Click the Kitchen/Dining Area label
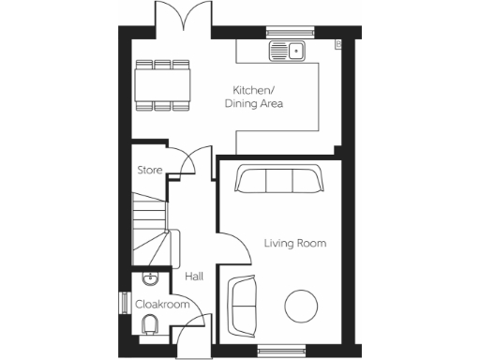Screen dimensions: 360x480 (x=258, y=97)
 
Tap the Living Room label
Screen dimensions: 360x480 (x=294, y=244)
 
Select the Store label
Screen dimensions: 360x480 (x=150, y=171)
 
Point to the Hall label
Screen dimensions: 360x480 (x=194, y=277)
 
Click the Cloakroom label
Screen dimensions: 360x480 (x=163, y=305)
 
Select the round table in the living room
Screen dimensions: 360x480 (x=303, y=306)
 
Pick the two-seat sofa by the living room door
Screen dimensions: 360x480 (x=243, y=305)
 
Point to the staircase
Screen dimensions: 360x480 (x=150, y=230)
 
